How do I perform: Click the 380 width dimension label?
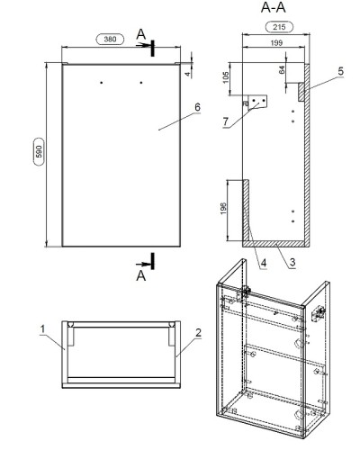coord(110,39)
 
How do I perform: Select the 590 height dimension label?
coord(39,151)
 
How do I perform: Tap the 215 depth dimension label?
coord(279,27)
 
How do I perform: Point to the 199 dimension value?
coord(276,43)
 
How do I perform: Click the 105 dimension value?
coord(226,77)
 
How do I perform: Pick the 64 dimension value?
coord(282,70)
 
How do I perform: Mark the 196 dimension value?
coord(223,208)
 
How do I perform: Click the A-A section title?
coord(273,7)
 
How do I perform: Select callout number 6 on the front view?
coord(197,107)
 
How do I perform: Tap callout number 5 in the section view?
coord(340,71)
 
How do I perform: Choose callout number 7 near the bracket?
coord(226,121)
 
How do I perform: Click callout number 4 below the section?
coord(263,263)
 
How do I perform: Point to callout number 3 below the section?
coord(292,262)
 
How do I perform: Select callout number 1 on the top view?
coord(42,329)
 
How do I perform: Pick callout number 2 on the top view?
coord(198,333)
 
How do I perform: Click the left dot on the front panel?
coord(102,83)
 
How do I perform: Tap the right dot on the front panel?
coord(141,83)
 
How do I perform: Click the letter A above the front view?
coord(141,34)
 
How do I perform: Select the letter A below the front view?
coord(141,275)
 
